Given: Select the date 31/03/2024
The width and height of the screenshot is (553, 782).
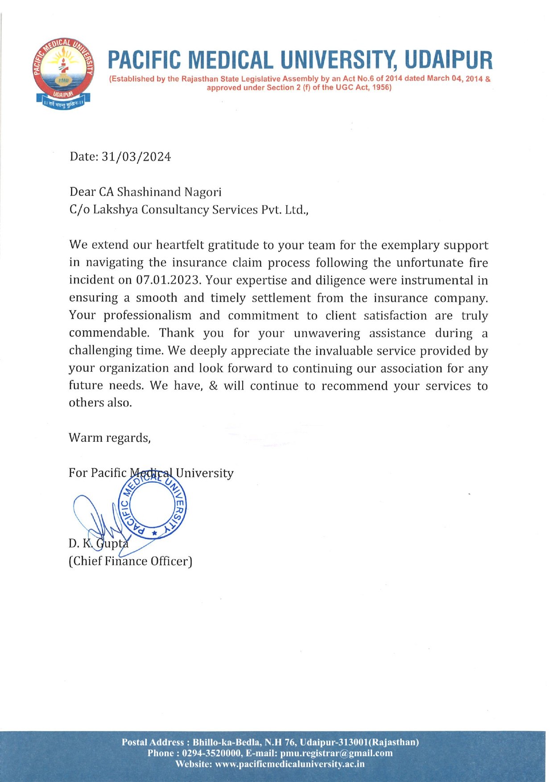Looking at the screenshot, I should (x=136, y=157).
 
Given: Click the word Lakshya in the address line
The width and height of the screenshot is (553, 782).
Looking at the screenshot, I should (x=116, y=210).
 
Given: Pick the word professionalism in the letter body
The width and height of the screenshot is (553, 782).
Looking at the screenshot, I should (x=147, y=315).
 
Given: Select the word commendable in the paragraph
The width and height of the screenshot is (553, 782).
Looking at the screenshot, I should (x=109, y=333).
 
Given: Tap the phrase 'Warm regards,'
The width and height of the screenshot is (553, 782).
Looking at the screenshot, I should (x=110, y=438).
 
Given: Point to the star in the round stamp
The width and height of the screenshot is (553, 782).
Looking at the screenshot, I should (x=154, y=533).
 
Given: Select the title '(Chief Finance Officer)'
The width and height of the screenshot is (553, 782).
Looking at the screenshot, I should (x=130, y=561).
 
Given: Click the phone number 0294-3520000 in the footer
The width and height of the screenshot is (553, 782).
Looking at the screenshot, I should (x=212, y=753).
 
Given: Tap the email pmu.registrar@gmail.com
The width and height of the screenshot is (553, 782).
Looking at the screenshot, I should (x=336, y=753).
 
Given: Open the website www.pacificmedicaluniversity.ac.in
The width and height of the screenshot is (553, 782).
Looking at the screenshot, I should (x=289, y=764).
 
